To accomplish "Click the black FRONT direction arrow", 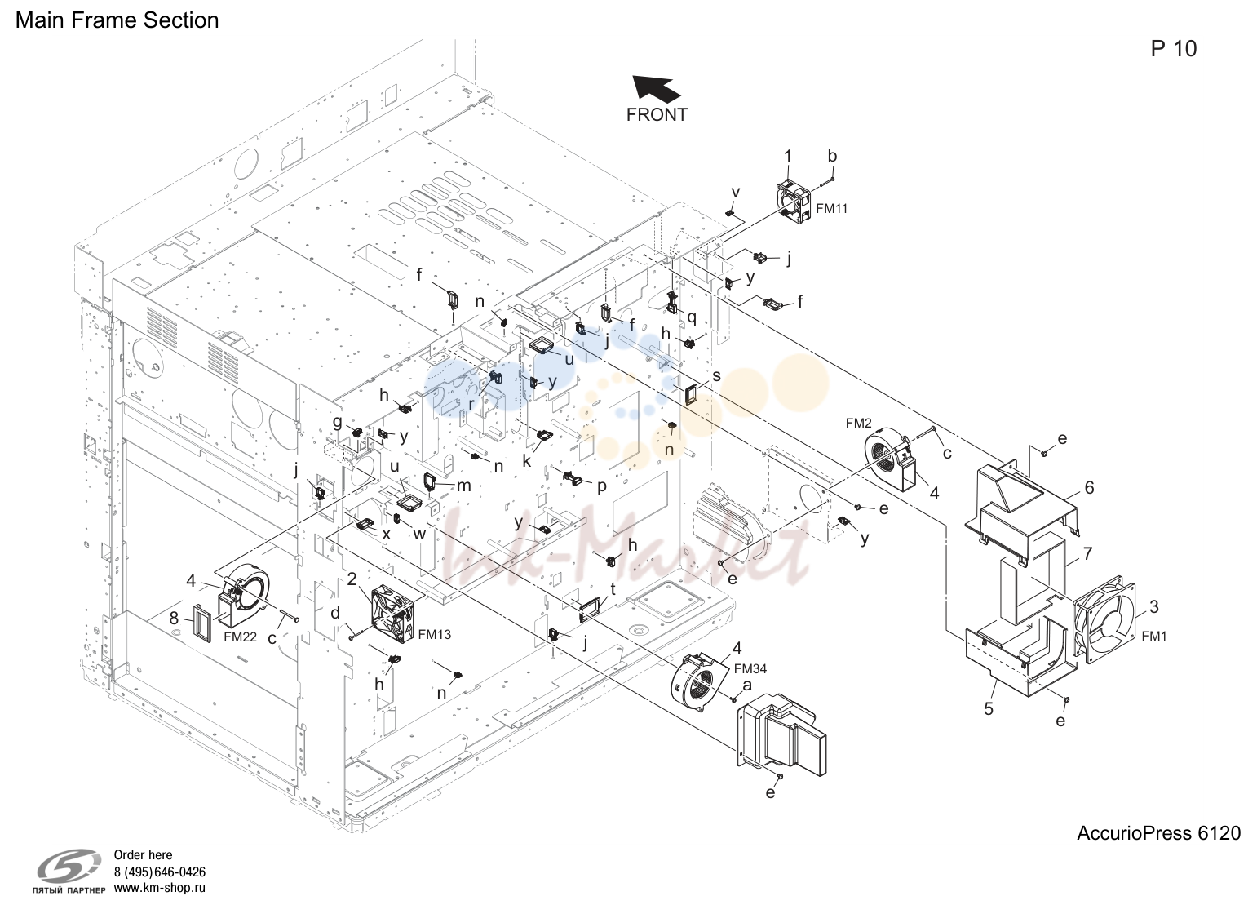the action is click(656, 89).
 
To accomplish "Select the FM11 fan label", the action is click(831, 209).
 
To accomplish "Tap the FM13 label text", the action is click(434, 634).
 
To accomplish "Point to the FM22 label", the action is click(240, 637).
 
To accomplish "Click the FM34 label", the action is click(750, 668).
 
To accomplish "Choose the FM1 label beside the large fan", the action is click(1154, 636).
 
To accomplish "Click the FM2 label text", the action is click(859, 424).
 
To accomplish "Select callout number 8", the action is click(174, 618).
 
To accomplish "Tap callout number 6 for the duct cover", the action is click(1089, 487).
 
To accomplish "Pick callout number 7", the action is click(1087, 553).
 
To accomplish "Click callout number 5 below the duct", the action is click(989, 708).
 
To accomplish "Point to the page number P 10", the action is click(1173, 49).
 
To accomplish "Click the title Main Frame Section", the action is click(117, 20).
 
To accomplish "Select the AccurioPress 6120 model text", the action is click(1159, 833).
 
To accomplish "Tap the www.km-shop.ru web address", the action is click(160, 888).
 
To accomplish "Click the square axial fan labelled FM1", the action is click(1104, 619).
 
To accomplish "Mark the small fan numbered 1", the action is click(794, 200).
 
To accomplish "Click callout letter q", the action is click(692, 317).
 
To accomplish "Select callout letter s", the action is click(717, 375).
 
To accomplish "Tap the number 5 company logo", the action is click(69, 867).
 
